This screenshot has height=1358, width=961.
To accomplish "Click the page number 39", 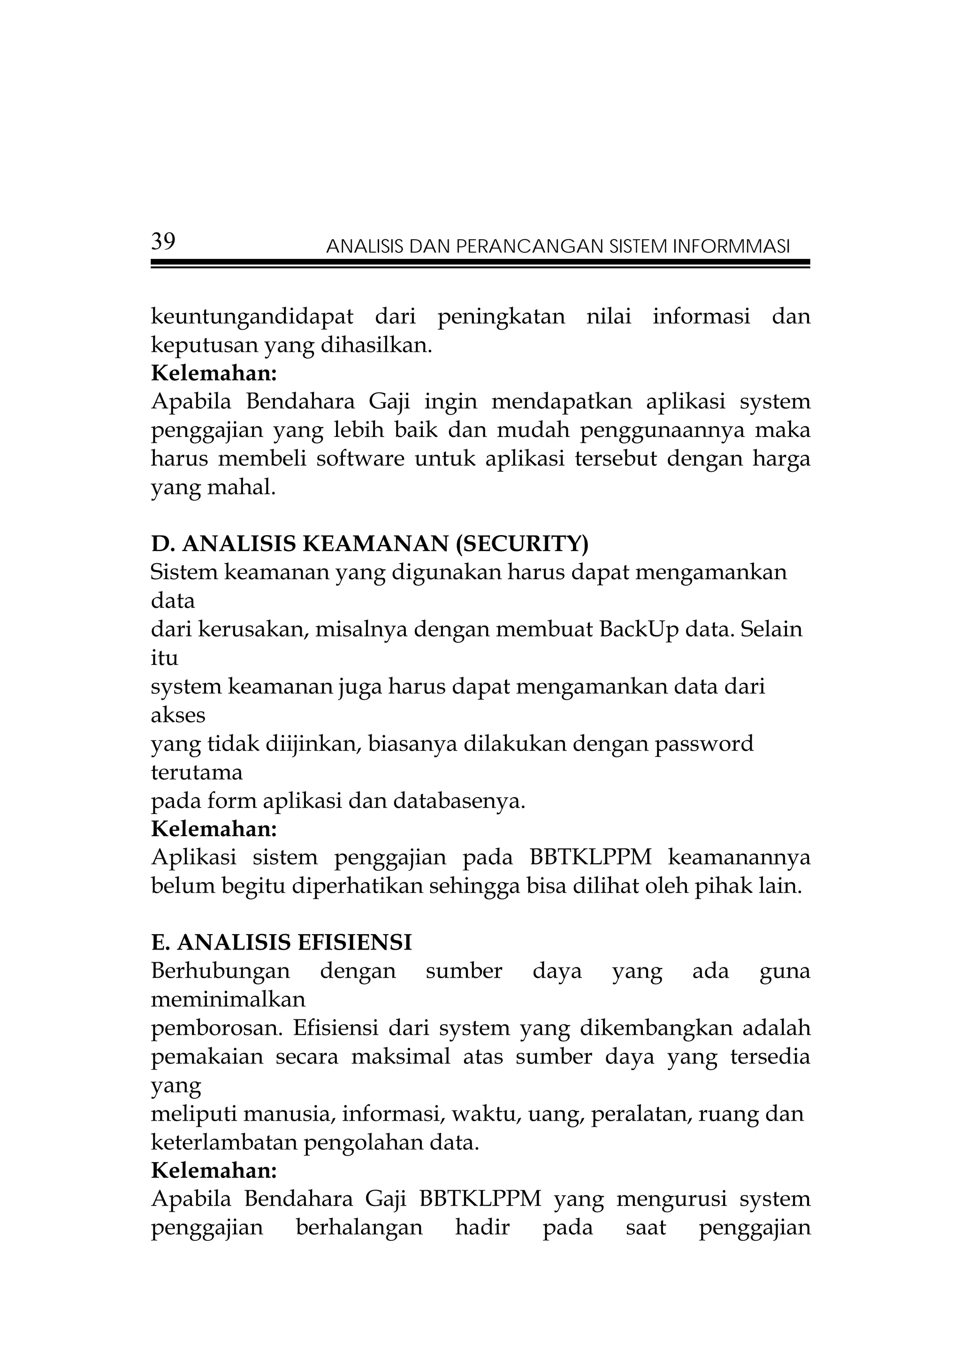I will (x=163, y=242).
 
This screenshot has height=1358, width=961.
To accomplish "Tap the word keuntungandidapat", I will (x=252, y=317).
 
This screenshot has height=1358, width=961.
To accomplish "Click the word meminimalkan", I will (x=229, y=1000).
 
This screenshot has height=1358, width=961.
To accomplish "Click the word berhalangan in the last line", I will (x=359, y=1228).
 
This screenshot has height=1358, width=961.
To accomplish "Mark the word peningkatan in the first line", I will (x=501, y=317).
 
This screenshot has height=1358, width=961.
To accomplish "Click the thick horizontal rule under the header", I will (x=480, y=262).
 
